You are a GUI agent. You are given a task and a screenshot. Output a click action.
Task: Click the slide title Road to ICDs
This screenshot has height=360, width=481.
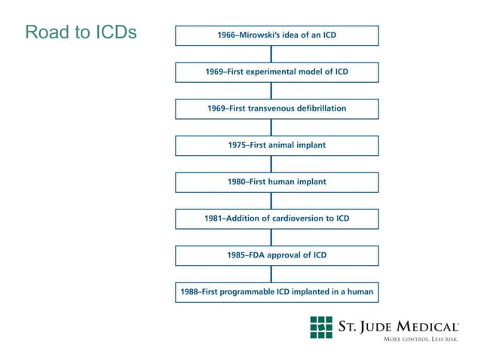point(81,32)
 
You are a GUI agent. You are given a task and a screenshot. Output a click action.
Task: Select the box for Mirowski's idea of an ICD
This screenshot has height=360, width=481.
point(277,35)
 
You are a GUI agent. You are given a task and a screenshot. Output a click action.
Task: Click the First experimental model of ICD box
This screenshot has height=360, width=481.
point(277,72)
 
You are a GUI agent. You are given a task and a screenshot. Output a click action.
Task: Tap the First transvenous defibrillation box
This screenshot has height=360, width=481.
point(277,108)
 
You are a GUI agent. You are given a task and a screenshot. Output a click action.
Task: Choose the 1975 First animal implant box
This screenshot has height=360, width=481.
point(277,145)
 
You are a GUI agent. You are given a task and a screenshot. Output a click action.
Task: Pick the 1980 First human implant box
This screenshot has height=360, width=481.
point(277,182)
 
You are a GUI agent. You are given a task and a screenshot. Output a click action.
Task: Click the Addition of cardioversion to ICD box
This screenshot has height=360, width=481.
point(277,218)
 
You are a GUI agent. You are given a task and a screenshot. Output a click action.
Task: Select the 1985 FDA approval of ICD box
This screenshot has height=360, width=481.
point(277,255)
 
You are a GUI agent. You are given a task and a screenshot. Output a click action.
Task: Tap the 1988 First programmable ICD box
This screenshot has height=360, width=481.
point(277,291)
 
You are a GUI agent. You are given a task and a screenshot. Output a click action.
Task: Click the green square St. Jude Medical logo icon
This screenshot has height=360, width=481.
point(321,328)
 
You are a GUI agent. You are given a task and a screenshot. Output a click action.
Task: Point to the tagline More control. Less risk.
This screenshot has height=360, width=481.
point(421,340)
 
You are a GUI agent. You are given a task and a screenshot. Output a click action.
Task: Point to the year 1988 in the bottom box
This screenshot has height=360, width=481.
point(189,291)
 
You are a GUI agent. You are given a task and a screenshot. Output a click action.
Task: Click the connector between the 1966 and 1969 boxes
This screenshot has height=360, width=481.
point(271,53)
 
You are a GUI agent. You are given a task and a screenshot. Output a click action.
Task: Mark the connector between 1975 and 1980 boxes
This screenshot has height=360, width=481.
point(271,163)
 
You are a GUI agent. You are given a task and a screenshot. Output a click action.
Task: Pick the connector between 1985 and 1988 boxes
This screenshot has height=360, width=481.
point(271,273)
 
